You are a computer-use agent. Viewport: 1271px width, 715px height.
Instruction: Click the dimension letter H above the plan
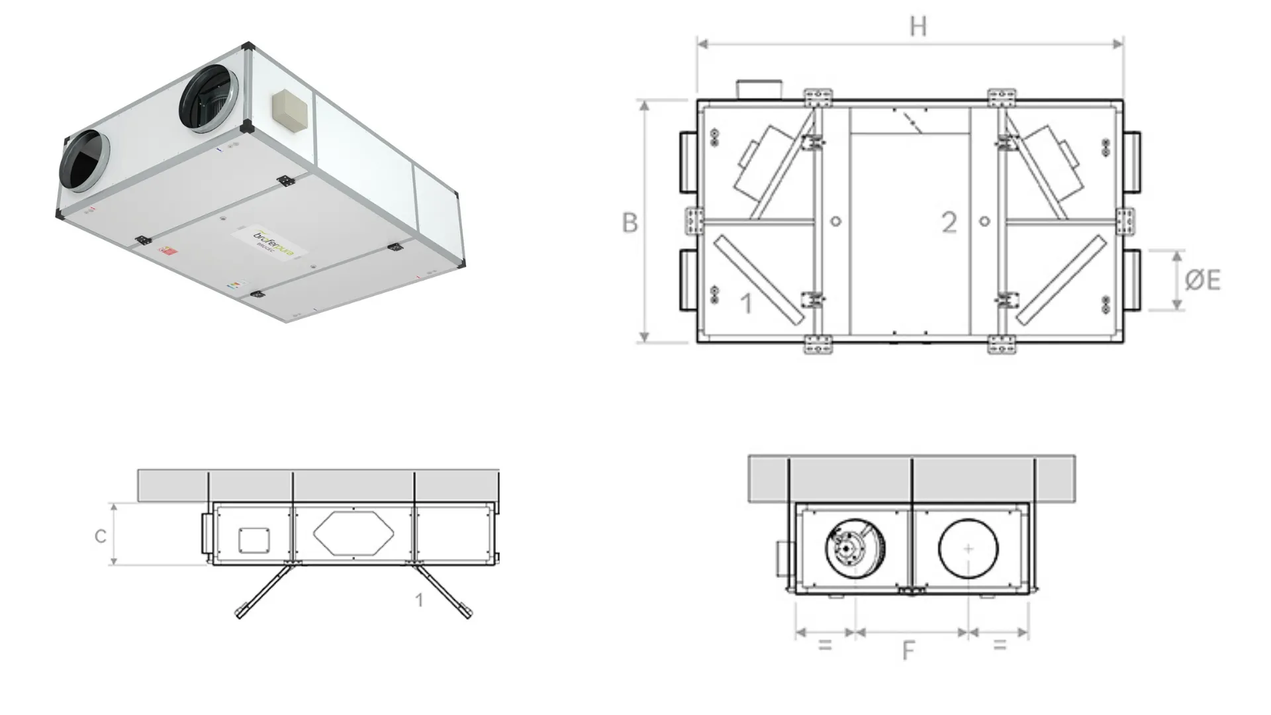918,26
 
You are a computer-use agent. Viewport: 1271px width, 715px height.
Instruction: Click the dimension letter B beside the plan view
630,222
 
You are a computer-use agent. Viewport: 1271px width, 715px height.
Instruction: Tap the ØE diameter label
1202,280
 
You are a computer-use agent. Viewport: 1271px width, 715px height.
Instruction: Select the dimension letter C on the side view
101,536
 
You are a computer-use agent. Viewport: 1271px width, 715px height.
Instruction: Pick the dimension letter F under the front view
908,651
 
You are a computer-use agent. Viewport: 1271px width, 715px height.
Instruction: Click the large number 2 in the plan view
949,222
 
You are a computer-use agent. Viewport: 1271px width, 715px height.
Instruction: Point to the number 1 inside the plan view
746,303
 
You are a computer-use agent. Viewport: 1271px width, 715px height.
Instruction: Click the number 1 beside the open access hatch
419,600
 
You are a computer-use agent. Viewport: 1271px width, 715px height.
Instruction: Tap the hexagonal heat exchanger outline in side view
353,533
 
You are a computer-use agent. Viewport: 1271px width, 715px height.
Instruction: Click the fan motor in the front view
855,549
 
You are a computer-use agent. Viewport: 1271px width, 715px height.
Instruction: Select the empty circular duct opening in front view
968,549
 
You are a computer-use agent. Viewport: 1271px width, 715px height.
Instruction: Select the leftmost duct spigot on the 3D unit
85,162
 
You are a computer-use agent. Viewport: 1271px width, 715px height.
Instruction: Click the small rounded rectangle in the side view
254,540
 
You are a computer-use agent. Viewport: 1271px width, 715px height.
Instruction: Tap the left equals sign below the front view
825,644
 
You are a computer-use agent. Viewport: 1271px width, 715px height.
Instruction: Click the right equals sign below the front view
1000,644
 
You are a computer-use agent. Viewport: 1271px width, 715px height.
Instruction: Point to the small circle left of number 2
835,221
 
